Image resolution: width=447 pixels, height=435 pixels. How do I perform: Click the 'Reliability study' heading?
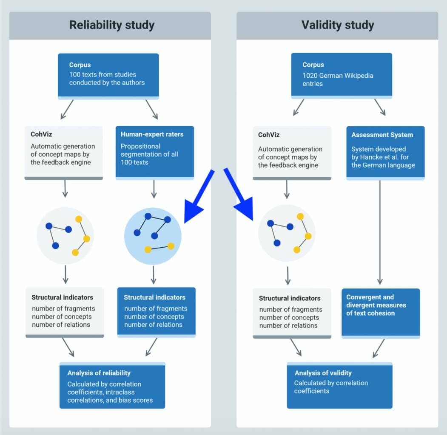point(111,25)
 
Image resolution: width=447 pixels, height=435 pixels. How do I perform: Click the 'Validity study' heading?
point(338,25)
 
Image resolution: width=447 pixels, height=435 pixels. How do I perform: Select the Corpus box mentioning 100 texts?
point(108,76)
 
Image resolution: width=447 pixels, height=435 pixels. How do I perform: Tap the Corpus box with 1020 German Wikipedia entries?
point(341,75)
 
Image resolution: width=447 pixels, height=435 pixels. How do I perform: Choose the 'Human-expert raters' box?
point(154,152)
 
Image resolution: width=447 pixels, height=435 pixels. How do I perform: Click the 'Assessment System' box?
point(385,152)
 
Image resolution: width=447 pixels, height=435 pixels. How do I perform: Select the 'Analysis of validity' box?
point(339,385)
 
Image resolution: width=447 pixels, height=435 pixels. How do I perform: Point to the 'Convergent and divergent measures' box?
point(380,312)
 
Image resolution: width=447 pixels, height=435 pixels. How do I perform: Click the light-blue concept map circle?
point(153,236)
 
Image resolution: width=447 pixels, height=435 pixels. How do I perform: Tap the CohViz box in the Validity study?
point(292,152)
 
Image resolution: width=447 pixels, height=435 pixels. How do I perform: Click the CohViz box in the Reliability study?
point(63,152)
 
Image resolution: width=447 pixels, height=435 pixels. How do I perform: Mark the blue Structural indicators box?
point(156,312)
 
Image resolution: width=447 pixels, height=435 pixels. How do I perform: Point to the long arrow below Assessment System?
point(379,232)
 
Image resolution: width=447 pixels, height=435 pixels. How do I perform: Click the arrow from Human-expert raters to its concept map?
point(154,189)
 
